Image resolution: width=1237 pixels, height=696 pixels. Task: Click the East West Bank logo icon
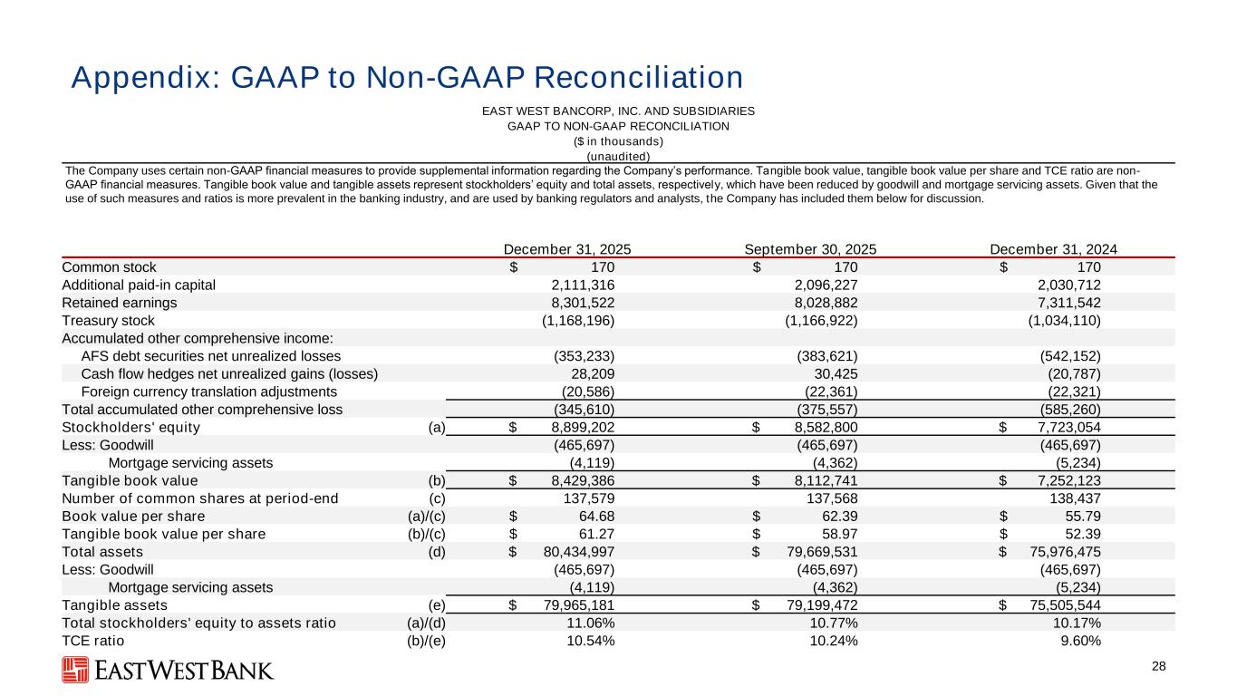75,670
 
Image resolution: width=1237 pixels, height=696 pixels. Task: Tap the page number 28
1158,667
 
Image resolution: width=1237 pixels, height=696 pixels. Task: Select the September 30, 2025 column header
809,249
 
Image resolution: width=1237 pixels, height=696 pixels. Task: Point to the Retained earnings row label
120,303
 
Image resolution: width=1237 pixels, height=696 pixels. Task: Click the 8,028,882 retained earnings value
819,303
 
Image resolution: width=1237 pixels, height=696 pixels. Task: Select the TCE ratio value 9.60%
1080,641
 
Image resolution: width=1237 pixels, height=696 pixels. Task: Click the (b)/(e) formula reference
426,641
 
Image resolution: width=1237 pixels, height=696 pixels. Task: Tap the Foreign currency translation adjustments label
209,391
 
